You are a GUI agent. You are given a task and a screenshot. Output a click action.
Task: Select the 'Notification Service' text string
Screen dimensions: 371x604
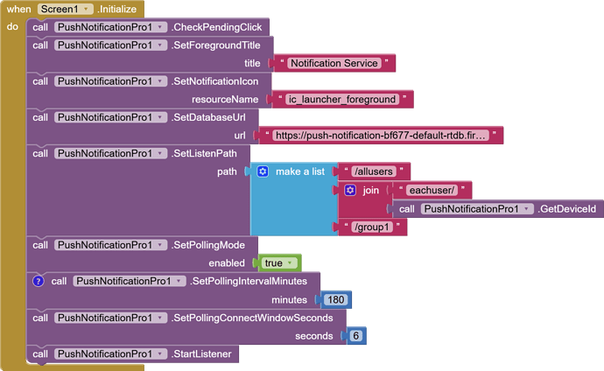click(x=334, y=63)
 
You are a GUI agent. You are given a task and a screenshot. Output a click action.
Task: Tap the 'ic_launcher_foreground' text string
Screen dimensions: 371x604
click(x=342, y=99)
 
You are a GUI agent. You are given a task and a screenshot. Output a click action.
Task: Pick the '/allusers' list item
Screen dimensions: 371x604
click(x=376, y=171)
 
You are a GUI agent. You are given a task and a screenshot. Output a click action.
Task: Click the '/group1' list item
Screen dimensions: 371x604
click(x=373, y=227)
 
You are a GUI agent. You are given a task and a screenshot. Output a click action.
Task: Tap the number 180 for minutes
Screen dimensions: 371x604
click(x=334, y=299)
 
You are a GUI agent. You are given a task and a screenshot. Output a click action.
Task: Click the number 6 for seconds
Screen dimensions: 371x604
click(x=355, y=336)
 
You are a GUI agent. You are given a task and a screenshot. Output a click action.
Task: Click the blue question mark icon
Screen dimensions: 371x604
click(x=38, y=281)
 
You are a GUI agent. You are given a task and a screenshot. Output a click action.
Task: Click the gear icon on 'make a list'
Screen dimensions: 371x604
click(x=262, y=171)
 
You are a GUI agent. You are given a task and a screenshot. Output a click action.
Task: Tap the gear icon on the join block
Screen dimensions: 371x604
click(x=350, y=190)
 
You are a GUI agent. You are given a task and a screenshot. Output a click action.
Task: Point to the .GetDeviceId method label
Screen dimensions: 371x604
click(x=569, y=209)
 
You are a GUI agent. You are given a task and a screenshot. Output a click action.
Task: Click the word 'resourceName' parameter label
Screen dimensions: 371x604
click(x=225, y=99)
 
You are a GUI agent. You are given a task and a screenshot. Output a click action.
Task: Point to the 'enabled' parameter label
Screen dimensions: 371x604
click(x=226, y=262)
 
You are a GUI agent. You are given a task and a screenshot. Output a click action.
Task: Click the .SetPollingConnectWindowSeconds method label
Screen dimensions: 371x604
click(x=257, y=317)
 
